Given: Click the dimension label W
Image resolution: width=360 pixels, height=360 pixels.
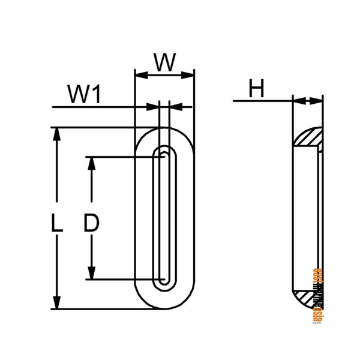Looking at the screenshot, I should pos(164,62).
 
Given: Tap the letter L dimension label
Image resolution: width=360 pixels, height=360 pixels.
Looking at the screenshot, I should pos(56,225).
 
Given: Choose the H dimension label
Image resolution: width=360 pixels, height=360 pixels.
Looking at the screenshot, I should pos(257,90).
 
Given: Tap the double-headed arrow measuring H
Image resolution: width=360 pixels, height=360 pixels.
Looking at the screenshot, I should pos(307,101).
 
